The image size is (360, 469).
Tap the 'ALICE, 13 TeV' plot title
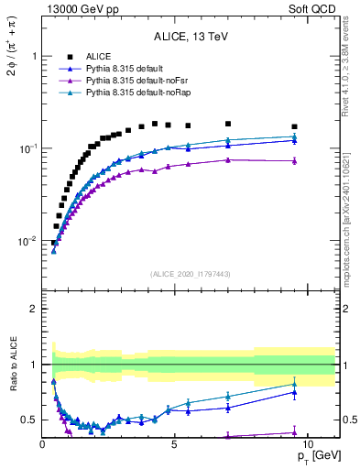click(191, 37)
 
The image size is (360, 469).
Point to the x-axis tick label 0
click(43, 442)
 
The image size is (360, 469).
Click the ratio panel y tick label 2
click(33, 309)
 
